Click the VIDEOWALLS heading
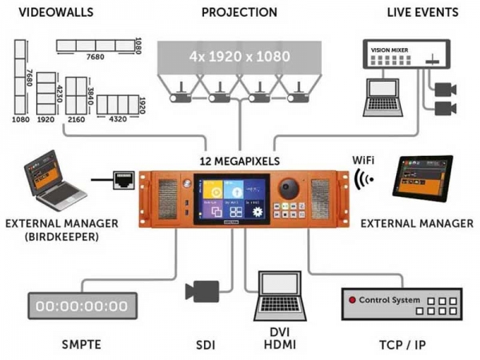pyautogui.click(x=56, y=12)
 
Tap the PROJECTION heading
pyautogui.click(x=239, y=12)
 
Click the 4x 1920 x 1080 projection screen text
pyautogui.click(x=239, y=57)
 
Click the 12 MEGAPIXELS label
pyautogui.click(x=239, y=160)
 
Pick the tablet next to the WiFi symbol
pyautogui.click(x=422, y=175)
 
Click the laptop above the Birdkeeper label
pyautogui.click(x=52, y=181)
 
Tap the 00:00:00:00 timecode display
pyautogui.click(x=82, y=306)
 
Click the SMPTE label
pyautogui.click(x=82, y=346)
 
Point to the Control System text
pyautogui.click(x=387, y=300)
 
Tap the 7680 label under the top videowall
pyautogui.click(x=95, y=58)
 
